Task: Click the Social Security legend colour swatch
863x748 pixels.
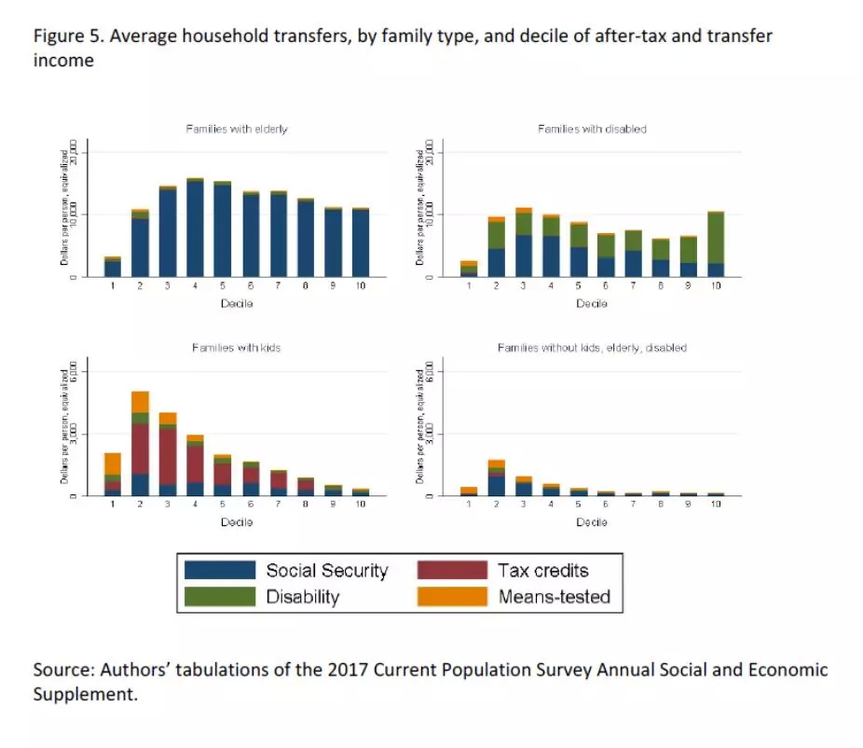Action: click(220, 571)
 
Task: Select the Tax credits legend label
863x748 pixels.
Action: click(543, 571)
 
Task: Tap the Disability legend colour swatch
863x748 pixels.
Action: click(220, 597)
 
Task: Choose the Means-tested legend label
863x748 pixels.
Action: click(555, 597)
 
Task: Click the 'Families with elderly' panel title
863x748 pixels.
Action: click(237, 129)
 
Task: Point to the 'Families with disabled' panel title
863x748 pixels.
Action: click(592, 129)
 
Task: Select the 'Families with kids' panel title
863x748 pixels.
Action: click(237, 348)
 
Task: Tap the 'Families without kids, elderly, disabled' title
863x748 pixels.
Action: click(592, 348)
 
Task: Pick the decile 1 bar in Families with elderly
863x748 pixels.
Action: click(112, 267)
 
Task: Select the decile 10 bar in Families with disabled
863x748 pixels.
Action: click(715, 244)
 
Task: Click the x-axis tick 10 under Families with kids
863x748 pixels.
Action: click(360, 504)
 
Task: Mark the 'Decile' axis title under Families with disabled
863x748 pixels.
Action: click(592, 303)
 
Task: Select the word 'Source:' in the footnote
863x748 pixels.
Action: click(62, 671)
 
